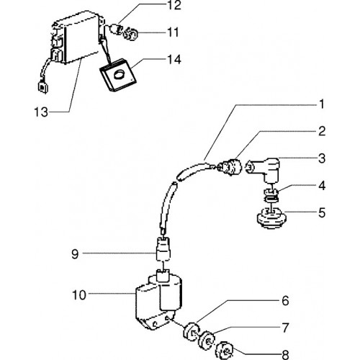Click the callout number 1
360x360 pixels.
point(322,104)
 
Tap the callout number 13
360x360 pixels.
point(41,112)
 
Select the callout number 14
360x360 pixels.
point(174,59)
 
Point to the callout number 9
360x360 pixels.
point(75,253)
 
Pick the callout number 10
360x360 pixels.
point(79,294)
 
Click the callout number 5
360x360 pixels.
point(322,212)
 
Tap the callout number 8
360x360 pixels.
point(286,355)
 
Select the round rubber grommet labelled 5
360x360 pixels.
point(271,218)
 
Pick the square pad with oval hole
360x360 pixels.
point(118,75)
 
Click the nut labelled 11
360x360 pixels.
point(131,34)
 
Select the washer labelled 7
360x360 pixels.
point(206,341)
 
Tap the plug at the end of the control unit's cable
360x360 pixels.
point(43,87)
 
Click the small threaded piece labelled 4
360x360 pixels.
point(271,195)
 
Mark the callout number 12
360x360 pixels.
point(174,5)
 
